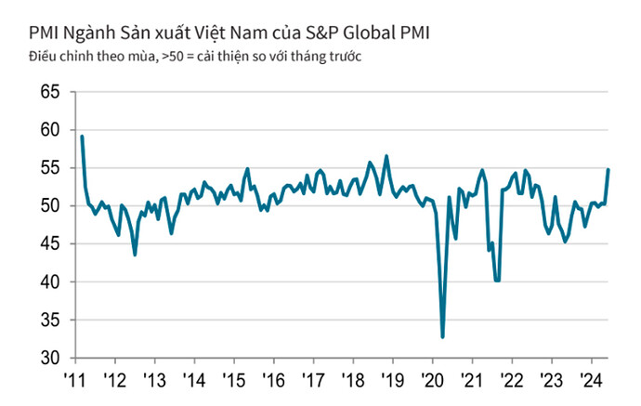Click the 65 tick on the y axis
50,92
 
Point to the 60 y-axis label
50,130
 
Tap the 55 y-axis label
50,168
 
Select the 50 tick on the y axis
50,206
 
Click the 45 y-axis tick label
50,243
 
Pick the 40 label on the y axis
50,282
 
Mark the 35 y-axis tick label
50,320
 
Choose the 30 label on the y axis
50,358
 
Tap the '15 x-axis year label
234,381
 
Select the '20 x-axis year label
432,381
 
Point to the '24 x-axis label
591,381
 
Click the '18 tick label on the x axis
353,381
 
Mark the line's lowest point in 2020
442,336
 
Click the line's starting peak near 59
82,137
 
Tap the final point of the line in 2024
608,169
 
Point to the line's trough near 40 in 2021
498,280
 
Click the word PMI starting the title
33,33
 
